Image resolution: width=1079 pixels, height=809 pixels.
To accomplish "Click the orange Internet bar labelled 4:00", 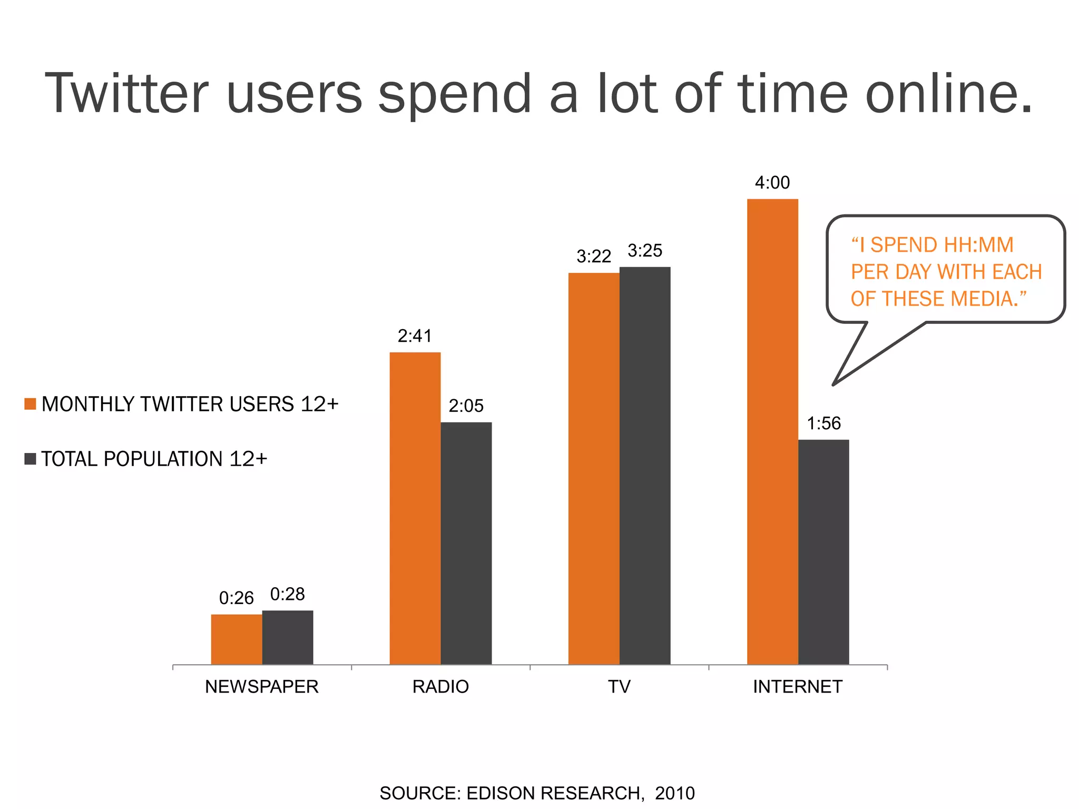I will (x=772, y=432).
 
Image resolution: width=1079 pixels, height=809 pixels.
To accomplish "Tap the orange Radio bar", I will (x=415, y=508).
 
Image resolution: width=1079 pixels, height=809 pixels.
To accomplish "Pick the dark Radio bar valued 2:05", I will (x=466, y=543).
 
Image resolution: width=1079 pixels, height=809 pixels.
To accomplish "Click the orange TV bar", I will (x=594, y=469).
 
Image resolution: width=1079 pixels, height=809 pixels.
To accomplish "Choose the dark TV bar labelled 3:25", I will (x=645, y=466).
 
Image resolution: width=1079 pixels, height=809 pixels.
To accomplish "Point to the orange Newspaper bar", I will (x=237, y=639).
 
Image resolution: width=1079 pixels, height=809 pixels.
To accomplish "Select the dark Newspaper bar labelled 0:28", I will (x=288, y=637).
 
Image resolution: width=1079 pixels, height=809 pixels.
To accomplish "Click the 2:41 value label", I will (x=415, y=336).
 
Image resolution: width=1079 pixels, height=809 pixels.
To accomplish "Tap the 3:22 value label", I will (x=594, y=256).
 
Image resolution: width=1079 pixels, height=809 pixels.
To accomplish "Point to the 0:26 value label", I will (x=236, y=598).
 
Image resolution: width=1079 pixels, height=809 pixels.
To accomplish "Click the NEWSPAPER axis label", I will (x=262, y=687).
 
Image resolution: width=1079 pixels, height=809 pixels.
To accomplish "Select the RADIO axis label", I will (x=440, y=687).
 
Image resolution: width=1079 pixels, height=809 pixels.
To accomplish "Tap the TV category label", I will (x=619, y=687).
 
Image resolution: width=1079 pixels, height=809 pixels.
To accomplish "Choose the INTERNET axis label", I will (x=798, y=687).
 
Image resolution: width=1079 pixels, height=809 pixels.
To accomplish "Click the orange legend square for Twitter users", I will (x=30, y=404).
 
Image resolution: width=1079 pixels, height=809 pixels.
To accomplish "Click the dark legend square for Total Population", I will (x=30, y=459).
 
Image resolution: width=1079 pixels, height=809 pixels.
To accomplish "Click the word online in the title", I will (x=949, y=94).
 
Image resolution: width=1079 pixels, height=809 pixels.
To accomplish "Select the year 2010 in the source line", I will (x=675, y=793).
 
